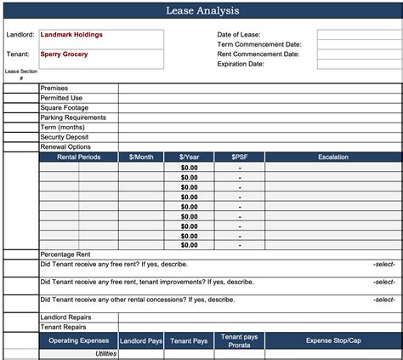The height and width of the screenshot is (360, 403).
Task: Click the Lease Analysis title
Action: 201,11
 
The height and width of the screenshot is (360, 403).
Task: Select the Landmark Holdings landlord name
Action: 71,35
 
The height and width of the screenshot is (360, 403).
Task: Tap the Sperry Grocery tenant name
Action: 64,54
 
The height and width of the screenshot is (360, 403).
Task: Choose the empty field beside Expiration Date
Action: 358,64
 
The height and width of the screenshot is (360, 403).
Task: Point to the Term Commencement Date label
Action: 259,44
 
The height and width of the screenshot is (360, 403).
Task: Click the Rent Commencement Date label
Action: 258,54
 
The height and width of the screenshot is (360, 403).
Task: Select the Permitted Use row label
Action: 60,98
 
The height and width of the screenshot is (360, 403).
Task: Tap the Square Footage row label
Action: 64,108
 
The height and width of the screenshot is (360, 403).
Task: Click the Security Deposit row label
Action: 65,137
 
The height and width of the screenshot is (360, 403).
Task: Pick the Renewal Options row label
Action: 65,146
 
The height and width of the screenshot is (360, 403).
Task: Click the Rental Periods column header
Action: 78,157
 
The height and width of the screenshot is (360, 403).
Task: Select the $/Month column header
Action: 142,157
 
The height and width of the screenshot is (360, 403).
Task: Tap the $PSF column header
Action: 240,157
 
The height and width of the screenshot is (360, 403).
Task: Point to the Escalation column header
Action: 332,157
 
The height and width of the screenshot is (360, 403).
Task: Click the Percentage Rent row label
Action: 66,254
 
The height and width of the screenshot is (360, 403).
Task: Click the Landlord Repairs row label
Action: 65,317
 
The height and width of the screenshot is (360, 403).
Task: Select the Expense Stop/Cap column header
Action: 332,340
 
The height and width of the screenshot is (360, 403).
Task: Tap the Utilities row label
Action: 105,354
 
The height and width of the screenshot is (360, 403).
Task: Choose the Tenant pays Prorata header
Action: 240,340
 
